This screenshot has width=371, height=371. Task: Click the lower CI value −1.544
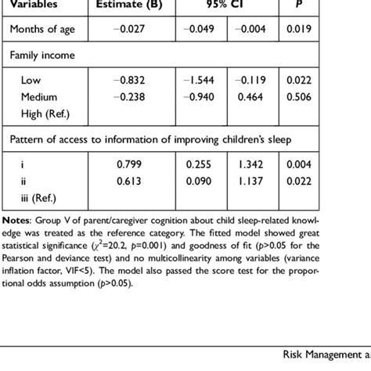[200, 80]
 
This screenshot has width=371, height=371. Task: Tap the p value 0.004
[297, 164]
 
